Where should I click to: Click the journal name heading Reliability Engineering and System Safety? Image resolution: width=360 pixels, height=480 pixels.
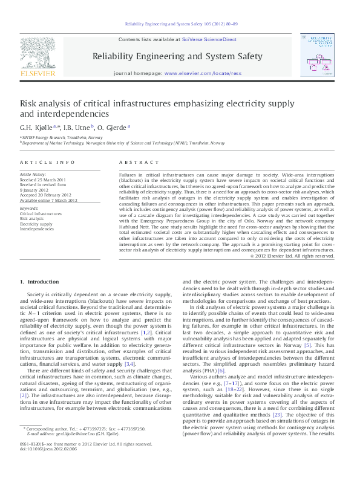click(x=177, y=56)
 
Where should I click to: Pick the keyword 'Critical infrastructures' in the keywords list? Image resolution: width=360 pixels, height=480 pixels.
click(x=41, y=214)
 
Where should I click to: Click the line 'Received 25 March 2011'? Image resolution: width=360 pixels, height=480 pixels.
click(x=44, y=180)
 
